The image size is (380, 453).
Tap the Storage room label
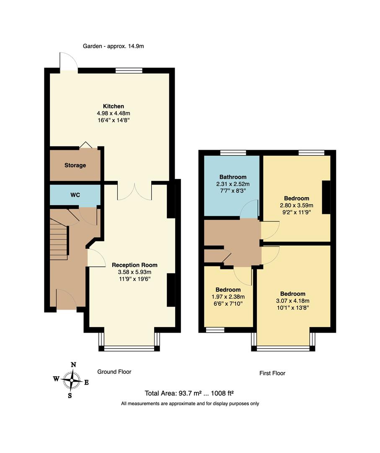[75, 165]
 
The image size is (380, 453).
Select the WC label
[75, 195]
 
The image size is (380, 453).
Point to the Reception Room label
[134, 265]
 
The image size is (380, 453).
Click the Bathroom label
[233, 177]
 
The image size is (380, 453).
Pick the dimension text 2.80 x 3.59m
[297, 206]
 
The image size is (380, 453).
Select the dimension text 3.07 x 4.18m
[293, 301]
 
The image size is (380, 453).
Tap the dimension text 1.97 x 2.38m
[228, 297]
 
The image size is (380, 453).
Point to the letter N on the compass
[73, 365]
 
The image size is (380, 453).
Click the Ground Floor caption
[114, 372]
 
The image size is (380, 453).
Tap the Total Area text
[189, 393]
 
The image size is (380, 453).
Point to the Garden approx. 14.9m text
[113, 47]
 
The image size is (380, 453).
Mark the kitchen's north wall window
[128, 70]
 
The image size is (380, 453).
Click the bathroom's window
[233, 153]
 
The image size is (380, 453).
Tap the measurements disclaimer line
[190, 404]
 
